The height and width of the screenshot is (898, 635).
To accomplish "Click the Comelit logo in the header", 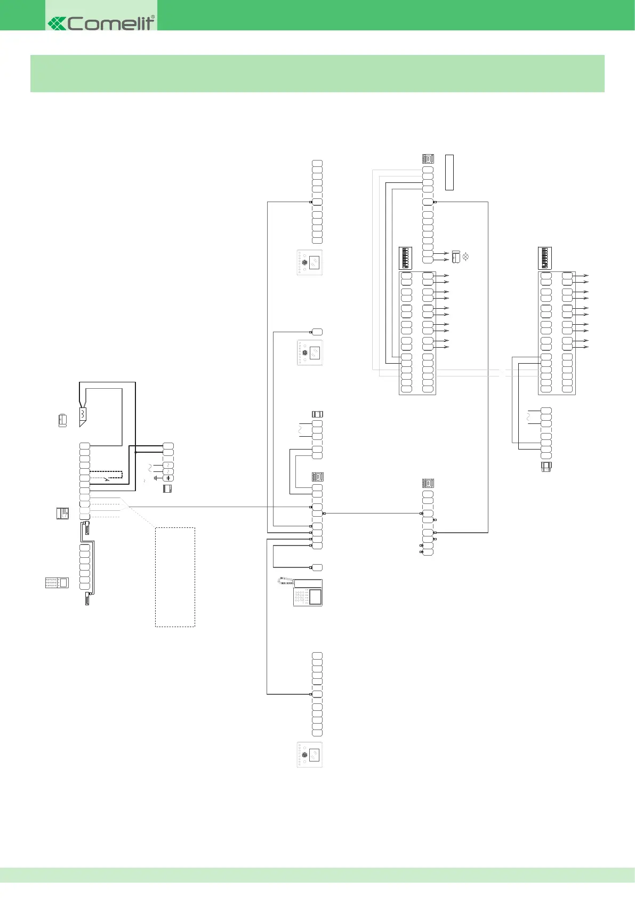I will pos(101,23).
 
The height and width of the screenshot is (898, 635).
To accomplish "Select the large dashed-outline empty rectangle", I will pos(175,576).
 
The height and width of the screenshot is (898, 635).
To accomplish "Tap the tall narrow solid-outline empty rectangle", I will pos(449,172).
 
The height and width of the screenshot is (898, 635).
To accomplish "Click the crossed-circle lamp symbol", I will pos(465,257).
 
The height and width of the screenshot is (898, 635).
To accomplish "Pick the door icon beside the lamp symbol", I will pos(456,257).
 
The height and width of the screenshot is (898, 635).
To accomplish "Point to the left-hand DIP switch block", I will pos(406,258).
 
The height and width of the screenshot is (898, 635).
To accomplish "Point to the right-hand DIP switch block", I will pos(544,258).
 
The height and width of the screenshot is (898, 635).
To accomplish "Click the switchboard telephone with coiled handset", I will pos(301,592).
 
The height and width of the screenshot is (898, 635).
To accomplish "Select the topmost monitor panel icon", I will pos(310,262).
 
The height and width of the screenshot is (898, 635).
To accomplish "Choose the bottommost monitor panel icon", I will pos(310,755).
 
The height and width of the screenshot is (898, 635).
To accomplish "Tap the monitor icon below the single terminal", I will pos(310,352).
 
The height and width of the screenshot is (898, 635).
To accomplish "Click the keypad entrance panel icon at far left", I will pos(57,582).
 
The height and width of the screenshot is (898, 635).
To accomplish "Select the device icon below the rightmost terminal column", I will pos(546,467).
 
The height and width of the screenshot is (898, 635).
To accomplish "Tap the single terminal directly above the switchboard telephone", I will pos(317,567).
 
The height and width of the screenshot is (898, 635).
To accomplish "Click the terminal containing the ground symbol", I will pos(168,478).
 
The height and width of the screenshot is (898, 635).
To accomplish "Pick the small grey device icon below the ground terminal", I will pos(167,488).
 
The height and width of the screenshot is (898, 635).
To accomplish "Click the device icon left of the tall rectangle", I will pos(428,159).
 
